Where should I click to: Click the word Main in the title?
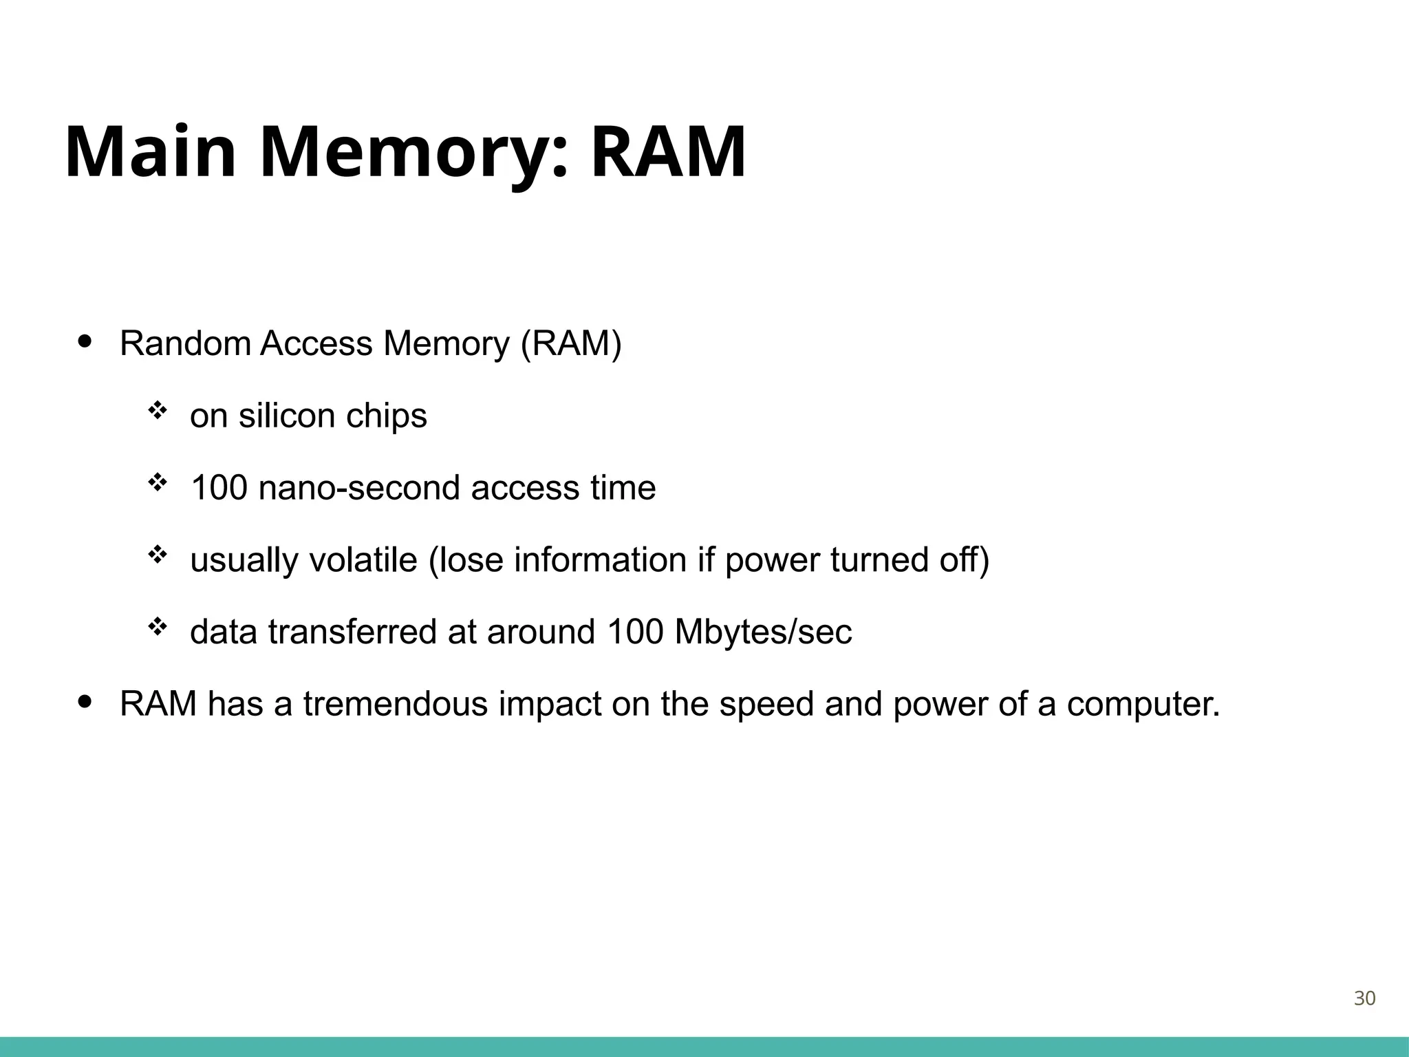point(151,152)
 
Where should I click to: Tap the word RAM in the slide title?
point(668,152)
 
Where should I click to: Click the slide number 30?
point(1364,999)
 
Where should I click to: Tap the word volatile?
point(363,559)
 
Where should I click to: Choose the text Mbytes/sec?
point(763,632)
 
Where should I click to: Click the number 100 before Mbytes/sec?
point(635,632)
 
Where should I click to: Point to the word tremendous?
point(395,704)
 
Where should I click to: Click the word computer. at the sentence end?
point(1143,704)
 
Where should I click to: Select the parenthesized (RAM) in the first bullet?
point(571,343)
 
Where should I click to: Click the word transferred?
point(352,632)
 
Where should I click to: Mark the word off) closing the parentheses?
point(964,559)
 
